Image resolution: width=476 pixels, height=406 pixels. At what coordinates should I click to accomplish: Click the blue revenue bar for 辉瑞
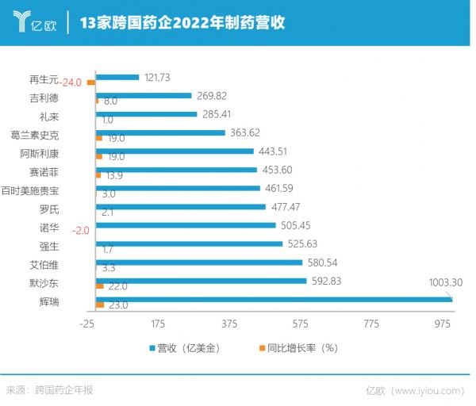point(274,298)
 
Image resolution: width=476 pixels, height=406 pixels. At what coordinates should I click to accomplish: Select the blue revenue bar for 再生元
point(117,78)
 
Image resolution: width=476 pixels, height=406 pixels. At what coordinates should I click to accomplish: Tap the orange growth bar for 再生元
point(91,82)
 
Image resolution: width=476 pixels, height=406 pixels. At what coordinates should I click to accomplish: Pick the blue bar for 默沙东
point(201,280)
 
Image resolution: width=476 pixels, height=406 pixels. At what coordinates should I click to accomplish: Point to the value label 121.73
point(159,77)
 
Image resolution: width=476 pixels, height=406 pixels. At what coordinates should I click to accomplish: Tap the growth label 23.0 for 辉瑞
point(117,305)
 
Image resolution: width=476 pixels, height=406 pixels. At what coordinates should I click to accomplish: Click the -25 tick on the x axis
point(87,324)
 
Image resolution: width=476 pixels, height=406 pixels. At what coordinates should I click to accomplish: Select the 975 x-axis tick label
point(440,324)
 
